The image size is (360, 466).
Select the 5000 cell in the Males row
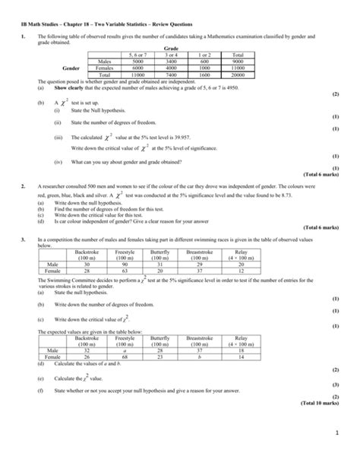tap(139, 61)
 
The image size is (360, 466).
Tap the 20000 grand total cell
tap(238, 74)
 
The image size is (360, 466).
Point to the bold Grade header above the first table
tap(180, 48)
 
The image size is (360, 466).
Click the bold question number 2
tap(24, 185)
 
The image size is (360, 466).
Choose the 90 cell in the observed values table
tap(122, 262)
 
